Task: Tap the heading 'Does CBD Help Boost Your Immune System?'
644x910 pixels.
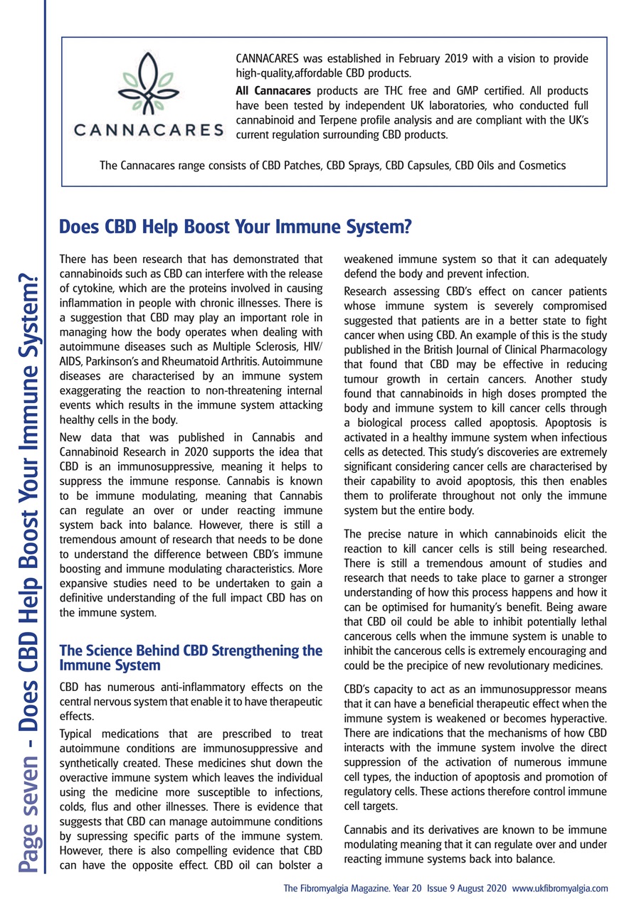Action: tap(236, 227)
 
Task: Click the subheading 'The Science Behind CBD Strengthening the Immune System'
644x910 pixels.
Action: tap(191, 658)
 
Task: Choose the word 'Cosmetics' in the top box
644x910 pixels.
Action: tap(540, 166)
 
